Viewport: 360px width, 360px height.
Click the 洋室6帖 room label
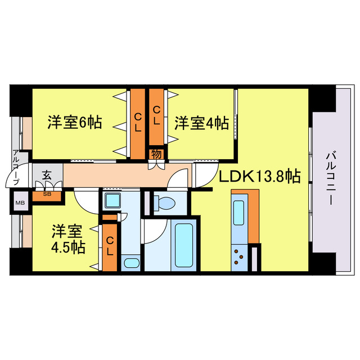74,122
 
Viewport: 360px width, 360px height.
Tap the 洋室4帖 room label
201,122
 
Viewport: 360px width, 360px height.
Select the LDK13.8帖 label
259,177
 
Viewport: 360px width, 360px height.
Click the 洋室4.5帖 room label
69,239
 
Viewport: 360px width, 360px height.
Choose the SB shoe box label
47,195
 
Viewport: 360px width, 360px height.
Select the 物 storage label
156,153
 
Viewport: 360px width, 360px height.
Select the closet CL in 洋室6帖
137,119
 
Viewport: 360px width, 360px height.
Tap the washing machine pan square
112,201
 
